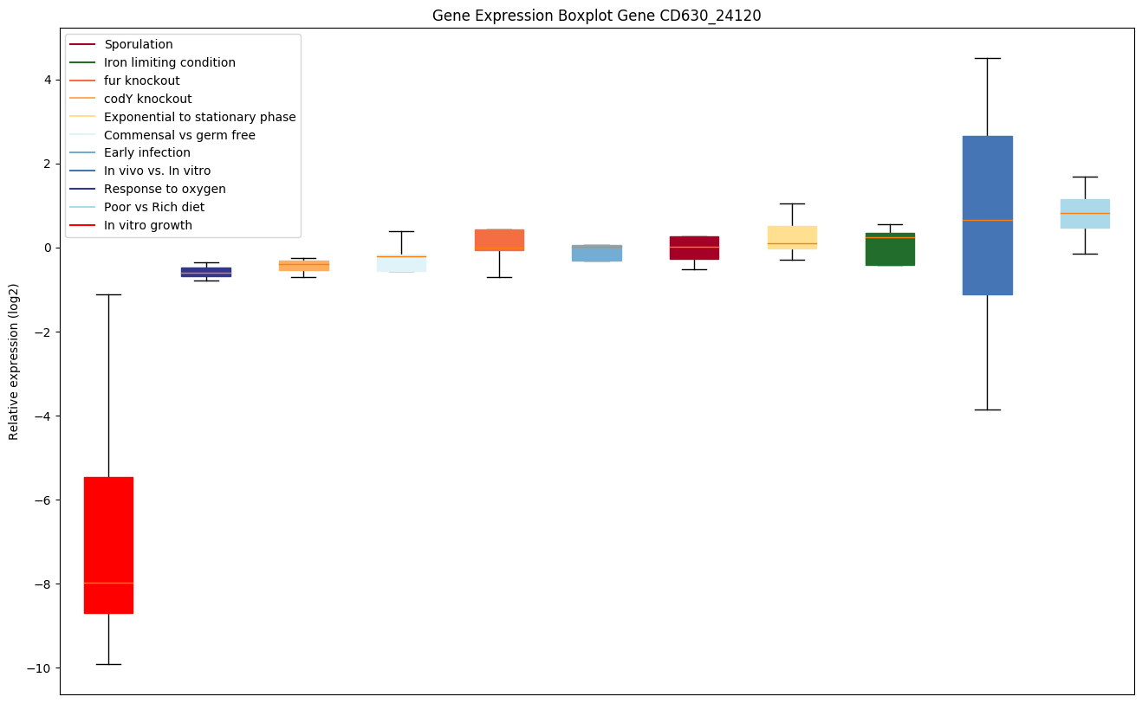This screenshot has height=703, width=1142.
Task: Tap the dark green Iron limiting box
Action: coord(890,248)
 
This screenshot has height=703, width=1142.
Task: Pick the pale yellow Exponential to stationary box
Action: coord(792,237)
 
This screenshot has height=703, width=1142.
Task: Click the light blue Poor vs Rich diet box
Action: coord(1085,213)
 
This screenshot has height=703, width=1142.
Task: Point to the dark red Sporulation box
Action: coord(694,248)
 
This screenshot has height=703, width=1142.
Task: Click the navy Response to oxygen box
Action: coord(206,272)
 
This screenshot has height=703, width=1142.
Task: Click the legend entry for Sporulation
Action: coord(138,44)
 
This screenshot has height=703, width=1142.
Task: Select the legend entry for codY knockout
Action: coord(147,99)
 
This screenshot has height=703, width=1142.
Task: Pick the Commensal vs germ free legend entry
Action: coord(179,135)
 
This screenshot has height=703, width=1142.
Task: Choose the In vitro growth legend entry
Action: coord(148,226)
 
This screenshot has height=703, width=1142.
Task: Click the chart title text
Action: coord(596,15)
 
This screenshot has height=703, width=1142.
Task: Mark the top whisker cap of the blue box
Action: coord(987,58)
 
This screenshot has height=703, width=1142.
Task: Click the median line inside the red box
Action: coord(108,584)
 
